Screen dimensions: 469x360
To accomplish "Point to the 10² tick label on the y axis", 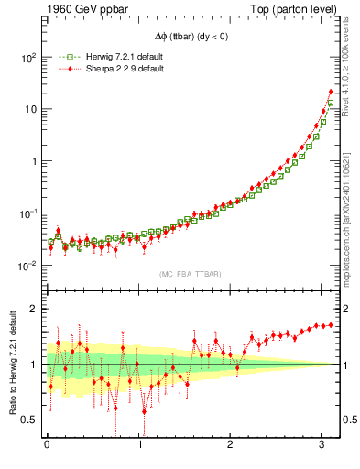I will pyautogui.click(x=27, y=57).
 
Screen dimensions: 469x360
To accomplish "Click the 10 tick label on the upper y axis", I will pyautogui.click(x=30, y=109).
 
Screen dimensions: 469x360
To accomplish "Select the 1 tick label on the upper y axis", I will pyautogui.click(x=33, y=161).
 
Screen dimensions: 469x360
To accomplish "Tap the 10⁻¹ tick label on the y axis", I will pyautogui.click(x=27, y=213).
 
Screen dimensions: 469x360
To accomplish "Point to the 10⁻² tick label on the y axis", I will pyautogui.click(x=27, y=266).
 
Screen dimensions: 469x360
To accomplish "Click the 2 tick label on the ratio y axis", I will pyautogui.click(x=33, y=309).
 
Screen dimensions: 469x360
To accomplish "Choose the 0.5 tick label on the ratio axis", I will pyautogui.click(x=29, y=420).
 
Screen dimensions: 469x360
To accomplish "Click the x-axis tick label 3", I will pyautogui.click(x=322, y=447).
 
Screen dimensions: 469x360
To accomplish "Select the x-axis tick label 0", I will pyautogui.click(x=47, y=447).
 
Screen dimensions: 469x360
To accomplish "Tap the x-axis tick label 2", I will pyautogui.click(x=231, y=447).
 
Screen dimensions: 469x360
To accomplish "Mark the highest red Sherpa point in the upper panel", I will pyautogui.click(x=331, y=91).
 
